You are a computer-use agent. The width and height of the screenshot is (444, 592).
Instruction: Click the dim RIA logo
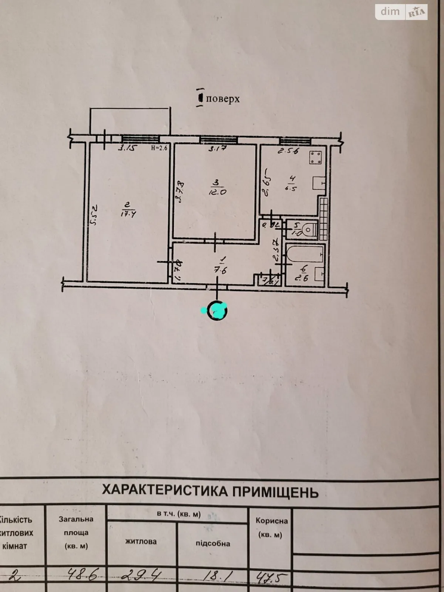tap(401, 12)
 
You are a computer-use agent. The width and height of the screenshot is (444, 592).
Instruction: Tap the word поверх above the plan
tap(223, 99)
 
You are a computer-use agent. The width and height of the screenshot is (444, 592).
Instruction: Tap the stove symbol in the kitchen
tap(315, 158)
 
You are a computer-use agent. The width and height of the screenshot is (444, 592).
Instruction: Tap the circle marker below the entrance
tap(217, 311)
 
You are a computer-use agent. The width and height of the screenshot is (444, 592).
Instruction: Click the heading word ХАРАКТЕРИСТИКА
tap(165, 491)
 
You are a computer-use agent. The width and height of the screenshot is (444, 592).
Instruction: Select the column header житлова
tap(141, 541)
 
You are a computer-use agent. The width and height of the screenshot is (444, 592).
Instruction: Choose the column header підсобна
tap(213, 543)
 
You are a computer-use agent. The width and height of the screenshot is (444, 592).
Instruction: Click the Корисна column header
tap(272, 521)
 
